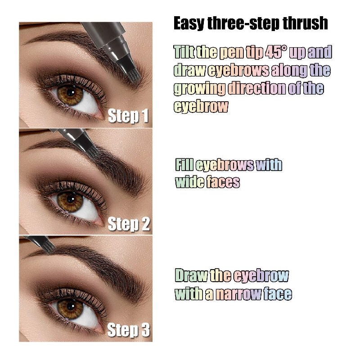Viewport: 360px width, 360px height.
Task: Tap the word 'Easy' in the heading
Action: [x=189, y=24]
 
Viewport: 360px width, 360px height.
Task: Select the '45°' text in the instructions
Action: [x=277, y=52]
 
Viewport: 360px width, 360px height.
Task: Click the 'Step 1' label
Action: [x=128, y=117]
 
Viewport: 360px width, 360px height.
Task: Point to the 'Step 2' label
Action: [x=128, y=224]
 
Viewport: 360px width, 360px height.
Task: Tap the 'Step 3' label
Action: [x=128, y=331]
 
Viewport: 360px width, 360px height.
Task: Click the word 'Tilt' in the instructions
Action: [x=184, y=52]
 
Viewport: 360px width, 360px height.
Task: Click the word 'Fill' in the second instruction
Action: [x=184, y=165]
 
